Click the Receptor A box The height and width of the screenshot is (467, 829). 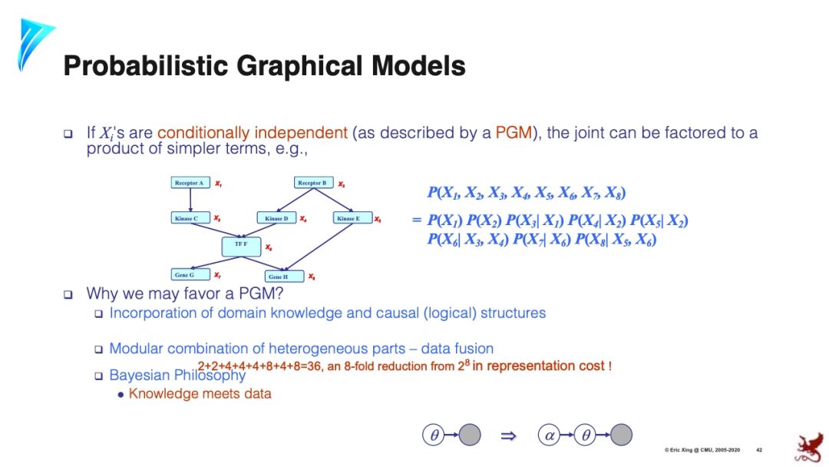click(190, 184)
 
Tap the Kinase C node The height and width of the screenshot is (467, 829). click(187, 219)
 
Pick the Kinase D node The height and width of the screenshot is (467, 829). click(276, 219)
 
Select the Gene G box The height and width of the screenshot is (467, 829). click(185, 274)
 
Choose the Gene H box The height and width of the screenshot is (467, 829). click(279, 277)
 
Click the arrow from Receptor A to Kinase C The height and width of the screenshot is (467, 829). click(190, 201)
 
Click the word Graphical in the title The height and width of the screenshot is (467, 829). click(300, 66)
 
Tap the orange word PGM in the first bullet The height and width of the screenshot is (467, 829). click(514, 133)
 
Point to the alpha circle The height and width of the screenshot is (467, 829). click(550, 435)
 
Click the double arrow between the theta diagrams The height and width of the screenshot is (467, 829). click(507, 436)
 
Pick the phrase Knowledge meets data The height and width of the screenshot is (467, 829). click(200, 394)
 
